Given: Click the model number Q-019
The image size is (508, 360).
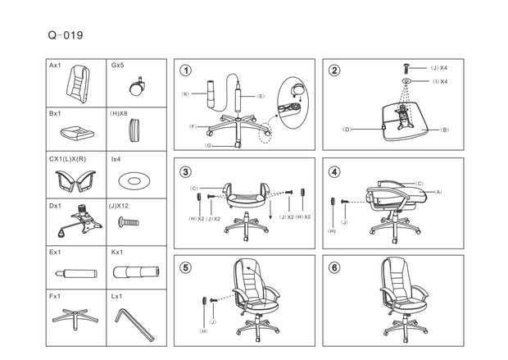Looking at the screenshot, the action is point(66,35).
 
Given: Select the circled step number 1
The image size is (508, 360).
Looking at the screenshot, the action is point(186,71).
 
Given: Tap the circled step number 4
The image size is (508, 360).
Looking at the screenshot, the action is point(334,171).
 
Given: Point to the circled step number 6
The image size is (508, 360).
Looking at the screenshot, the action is point(334,267).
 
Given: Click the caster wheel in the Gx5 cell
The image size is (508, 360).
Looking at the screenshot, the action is point(137,87).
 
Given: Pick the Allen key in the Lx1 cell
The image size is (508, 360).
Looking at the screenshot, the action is point(134,324).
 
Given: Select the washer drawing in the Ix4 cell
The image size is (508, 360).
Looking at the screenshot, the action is point(134,180).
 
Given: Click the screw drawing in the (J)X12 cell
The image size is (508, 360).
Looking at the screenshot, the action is point(129,222).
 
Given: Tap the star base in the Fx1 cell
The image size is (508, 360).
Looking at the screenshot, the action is point(75,318).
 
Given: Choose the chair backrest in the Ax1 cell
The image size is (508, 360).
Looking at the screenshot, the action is point(78,84).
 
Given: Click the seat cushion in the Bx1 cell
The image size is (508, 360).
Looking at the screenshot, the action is point(77,133).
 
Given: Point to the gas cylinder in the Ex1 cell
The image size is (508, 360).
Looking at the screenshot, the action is point(76,273).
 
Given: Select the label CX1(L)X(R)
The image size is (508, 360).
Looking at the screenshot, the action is point(68,159).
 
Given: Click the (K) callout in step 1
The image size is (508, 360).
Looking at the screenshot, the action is point(185,94).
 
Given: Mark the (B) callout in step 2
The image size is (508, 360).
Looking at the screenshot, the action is point(444,130).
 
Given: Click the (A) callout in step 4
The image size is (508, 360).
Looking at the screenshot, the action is point(438,192).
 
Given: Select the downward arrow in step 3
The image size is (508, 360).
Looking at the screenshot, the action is point(270,210).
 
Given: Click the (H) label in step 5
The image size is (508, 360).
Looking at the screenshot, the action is point(203,331).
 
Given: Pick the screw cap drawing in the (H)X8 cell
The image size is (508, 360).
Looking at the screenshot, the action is point(134,130).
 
